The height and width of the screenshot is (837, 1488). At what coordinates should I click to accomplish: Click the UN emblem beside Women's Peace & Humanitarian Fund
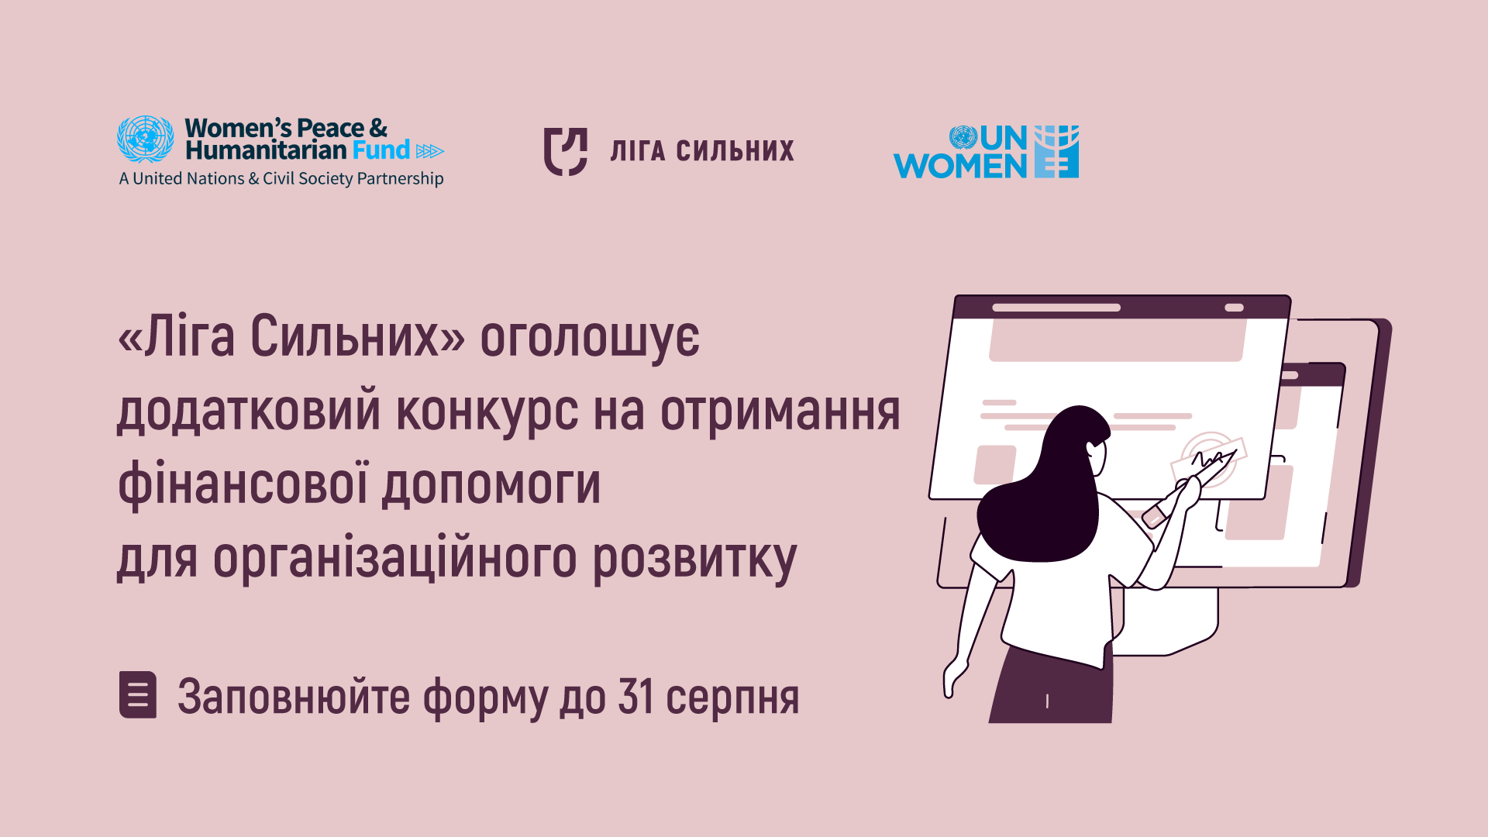coord(145,139)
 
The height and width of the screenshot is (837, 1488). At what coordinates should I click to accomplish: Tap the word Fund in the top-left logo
coord(381,150)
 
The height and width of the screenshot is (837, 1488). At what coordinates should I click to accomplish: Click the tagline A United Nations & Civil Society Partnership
coord(281,178)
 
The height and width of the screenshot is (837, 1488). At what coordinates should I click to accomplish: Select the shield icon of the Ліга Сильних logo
coord(565,152)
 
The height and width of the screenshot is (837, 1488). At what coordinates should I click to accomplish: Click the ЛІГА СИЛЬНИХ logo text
coord(702,150)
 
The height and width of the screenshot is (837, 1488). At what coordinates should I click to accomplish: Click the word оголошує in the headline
coord(590,339)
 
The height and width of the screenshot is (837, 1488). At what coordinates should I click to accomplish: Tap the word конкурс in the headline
coord(487,411)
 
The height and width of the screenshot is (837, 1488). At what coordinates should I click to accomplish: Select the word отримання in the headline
coord(780,412)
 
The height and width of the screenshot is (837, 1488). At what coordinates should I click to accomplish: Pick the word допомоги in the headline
coord(492,486)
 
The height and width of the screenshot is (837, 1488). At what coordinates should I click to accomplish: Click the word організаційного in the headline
coord(395,558)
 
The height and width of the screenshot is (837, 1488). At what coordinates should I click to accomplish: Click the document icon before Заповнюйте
coord(138,694)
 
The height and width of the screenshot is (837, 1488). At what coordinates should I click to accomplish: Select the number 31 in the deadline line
coord(635,696)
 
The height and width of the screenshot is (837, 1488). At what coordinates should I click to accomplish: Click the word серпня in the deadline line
coord(732,700)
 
